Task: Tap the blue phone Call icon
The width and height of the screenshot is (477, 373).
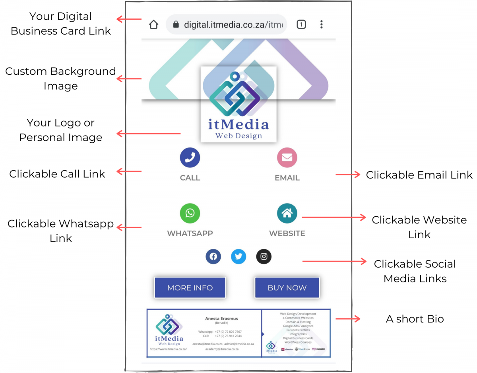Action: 190,157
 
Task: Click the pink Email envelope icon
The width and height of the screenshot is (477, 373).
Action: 287,157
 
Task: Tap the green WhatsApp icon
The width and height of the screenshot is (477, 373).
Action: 190,213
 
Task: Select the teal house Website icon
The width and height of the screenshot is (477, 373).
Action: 287,213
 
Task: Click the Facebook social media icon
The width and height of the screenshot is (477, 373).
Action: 213,256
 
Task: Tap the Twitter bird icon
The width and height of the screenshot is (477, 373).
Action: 238,256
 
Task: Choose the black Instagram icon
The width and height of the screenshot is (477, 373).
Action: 264,256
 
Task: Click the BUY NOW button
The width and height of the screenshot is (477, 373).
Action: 287,288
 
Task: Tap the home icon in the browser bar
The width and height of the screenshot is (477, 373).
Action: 154,25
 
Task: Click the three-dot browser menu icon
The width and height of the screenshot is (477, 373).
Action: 321,25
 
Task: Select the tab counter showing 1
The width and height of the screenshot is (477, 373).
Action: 301,25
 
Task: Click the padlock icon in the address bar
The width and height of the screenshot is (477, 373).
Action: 176,25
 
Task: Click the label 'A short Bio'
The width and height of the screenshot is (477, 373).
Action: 415,319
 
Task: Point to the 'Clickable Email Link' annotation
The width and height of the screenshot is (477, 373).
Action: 419,175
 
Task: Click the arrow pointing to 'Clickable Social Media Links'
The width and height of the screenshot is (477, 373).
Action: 334,261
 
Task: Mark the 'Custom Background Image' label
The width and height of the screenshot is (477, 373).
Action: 60,78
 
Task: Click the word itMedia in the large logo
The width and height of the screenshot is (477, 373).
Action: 238,124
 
